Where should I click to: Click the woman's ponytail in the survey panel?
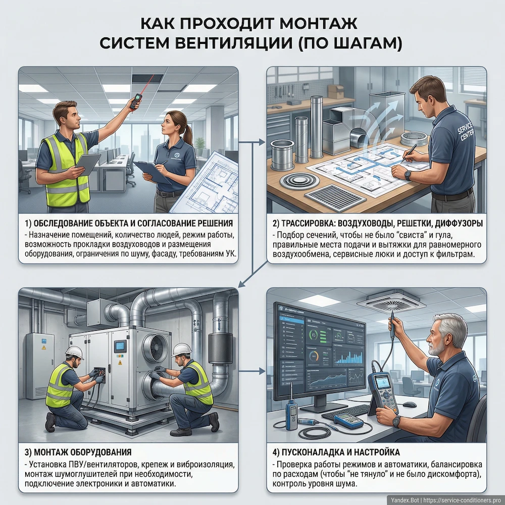pos(187,132)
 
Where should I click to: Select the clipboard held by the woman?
pos(152,172)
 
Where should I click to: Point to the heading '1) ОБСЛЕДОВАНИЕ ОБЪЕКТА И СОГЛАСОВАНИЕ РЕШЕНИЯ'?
pos(129,223)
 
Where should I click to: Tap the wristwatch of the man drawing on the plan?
pos(408,174)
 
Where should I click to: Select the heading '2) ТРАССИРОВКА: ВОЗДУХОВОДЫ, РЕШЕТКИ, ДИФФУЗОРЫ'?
pos(376,223)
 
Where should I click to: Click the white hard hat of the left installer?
pos(74,351)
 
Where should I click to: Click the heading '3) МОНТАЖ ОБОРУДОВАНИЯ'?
pos(78,451)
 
